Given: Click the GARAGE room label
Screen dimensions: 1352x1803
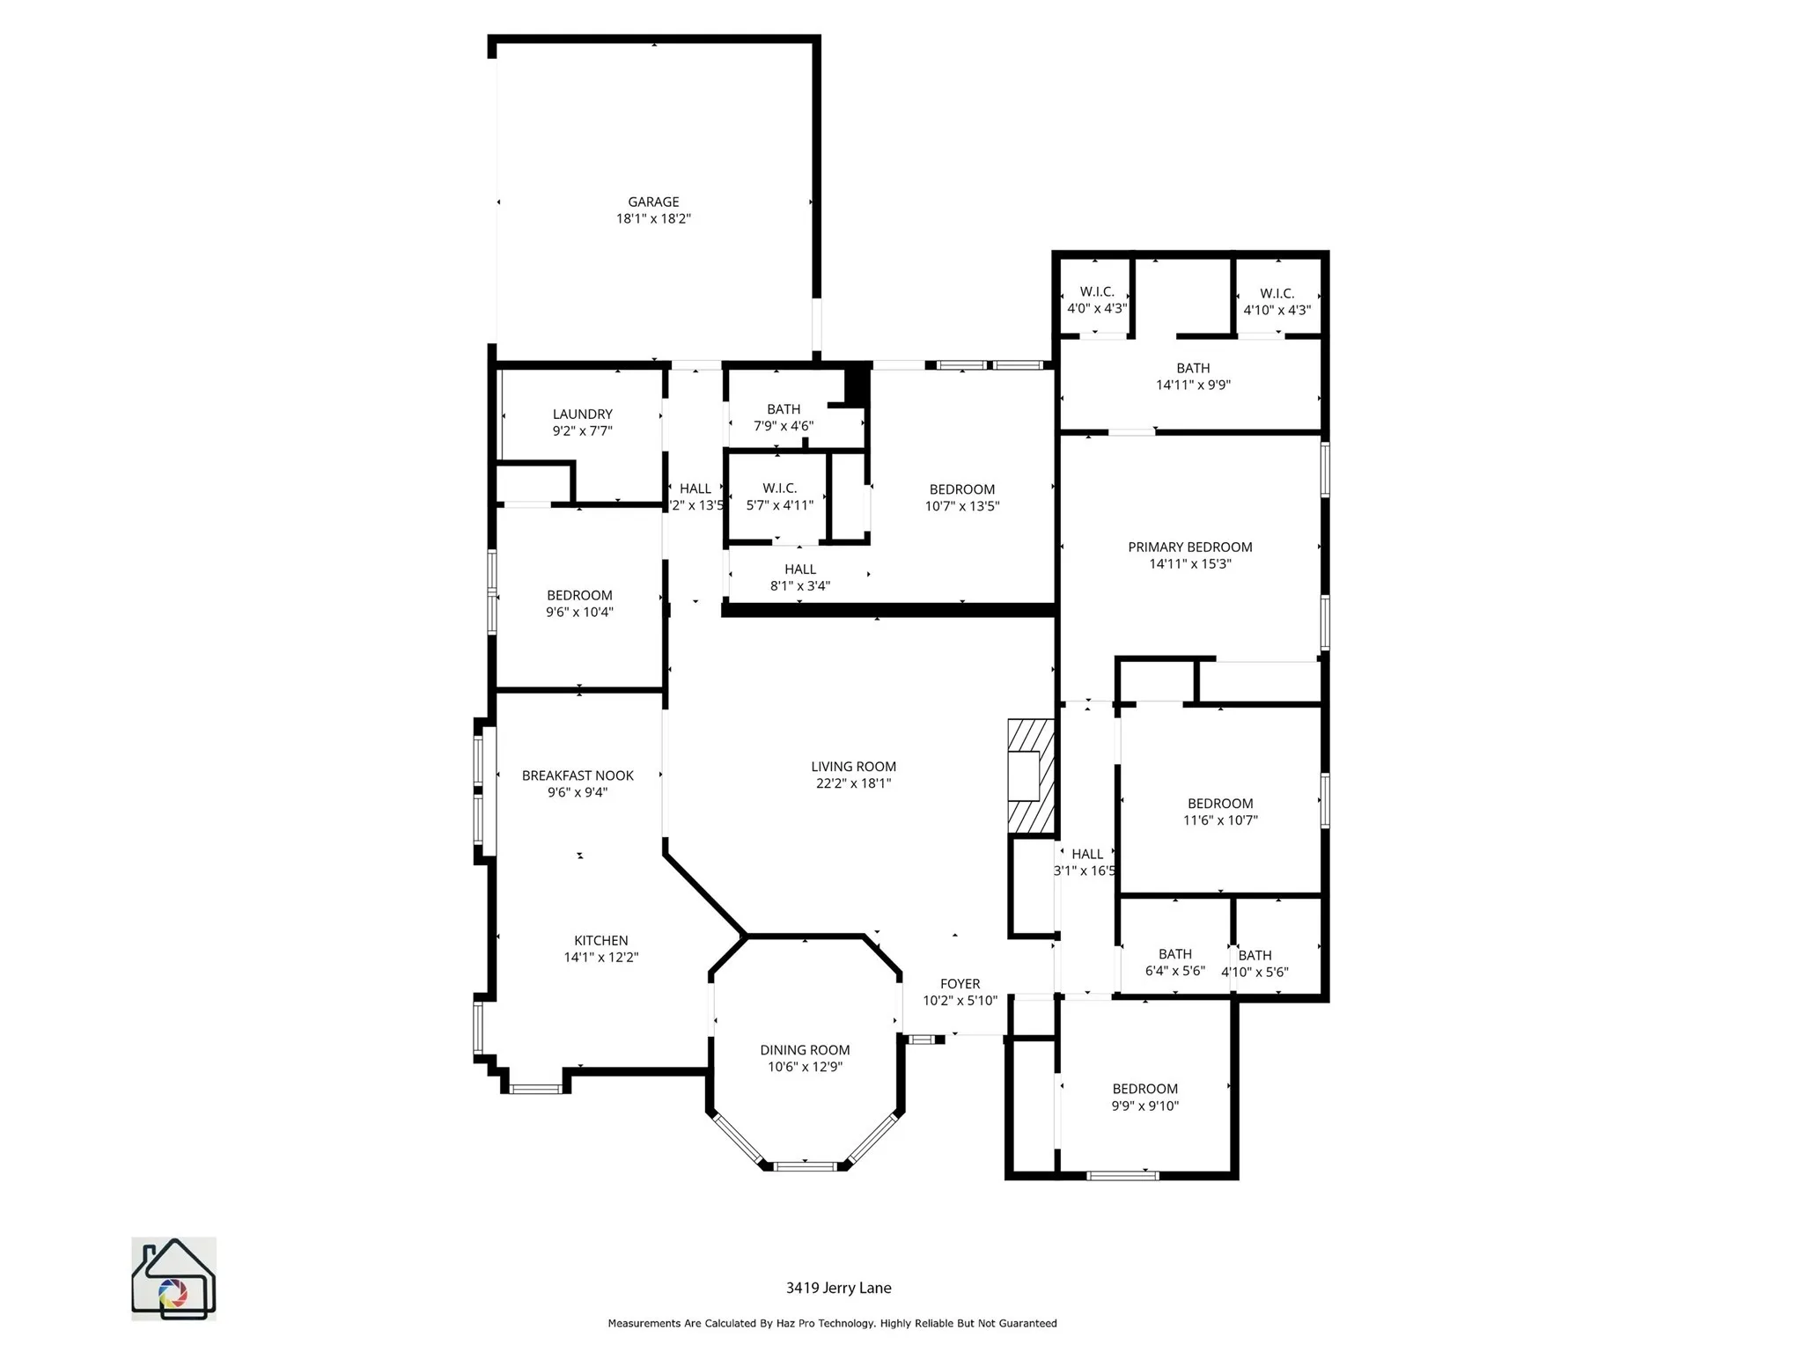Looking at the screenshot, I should [x=653, y=202].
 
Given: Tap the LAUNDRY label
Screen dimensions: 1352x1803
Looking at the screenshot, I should [x=582, y=415].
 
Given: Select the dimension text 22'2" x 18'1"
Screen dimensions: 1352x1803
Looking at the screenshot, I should [x=853, y=783].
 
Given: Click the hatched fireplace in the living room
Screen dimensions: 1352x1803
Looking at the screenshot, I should [x=1030, y=776].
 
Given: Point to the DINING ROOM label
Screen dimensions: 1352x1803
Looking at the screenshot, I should [x=805, y=1050].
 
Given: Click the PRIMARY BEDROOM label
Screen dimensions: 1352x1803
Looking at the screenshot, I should [x=1189, y=547].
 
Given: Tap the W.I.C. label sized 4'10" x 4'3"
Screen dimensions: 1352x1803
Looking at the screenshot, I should [x=1277, y=294].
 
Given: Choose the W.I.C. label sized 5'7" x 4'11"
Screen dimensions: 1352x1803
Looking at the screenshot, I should [x=779, y=489].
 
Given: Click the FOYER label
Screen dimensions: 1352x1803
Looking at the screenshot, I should [x=960, y=984].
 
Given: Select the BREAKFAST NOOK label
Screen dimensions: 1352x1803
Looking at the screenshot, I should [x=578, y=775].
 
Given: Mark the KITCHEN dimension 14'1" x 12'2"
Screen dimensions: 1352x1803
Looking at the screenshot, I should [x=601, y=958].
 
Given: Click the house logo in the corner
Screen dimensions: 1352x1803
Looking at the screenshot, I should [x=173, y=1278].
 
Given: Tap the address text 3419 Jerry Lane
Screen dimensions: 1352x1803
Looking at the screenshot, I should [x=838, y=1288].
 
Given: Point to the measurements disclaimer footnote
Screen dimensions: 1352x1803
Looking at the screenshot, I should [x=832, y=1323].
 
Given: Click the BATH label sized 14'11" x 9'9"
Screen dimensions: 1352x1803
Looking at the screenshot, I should [x=1193, y=369].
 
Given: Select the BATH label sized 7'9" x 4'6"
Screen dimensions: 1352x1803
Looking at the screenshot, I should [x=783, y=409].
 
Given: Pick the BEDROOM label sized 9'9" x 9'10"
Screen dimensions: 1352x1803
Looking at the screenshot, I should [x=1144, y=1090].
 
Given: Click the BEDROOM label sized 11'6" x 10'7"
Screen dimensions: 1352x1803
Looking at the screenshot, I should [x=1220, y=804].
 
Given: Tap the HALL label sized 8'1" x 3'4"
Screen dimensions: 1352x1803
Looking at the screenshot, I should [x=799, y=569].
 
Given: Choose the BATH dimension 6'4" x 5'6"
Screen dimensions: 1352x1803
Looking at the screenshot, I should [x=1174, y=971].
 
